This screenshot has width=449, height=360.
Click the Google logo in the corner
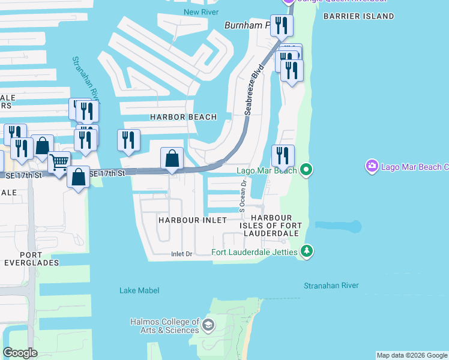[x=20, y=353]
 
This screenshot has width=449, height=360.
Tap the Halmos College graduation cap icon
[x=208, y=326]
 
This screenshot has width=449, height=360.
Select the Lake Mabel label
[x=139, y=290]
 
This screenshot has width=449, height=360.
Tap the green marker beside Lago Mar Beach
[x=306, y=170]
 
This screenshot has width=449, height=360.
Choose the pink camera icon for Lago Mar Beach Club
[x=372, y=165]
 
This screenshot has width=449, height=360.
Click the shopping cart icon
[x=59, y=162]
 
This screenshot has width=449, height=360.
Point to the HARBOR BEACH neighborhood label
[x=183, y=117]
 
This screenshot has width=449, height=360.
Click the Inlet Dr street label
[x=181, y=254]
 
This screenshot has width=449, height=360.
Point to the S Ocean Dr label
[x=243, y=197]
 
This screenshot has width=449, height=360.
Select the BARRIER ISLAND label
[x=358, y=16]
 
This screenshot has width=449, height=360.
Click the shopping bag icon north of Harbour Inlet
[x=172, y=159]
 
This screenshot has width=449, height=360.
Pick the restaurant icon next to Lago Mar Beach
[x=283, y=155]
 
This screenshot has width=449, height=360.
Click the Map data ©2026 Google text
[x=412, y=355]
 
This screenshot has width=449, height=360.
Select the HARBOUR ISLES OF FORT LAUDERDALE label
[x=271, y=225]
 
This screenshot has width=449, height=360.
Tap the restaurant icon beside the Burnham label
[x=281, y=25]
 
